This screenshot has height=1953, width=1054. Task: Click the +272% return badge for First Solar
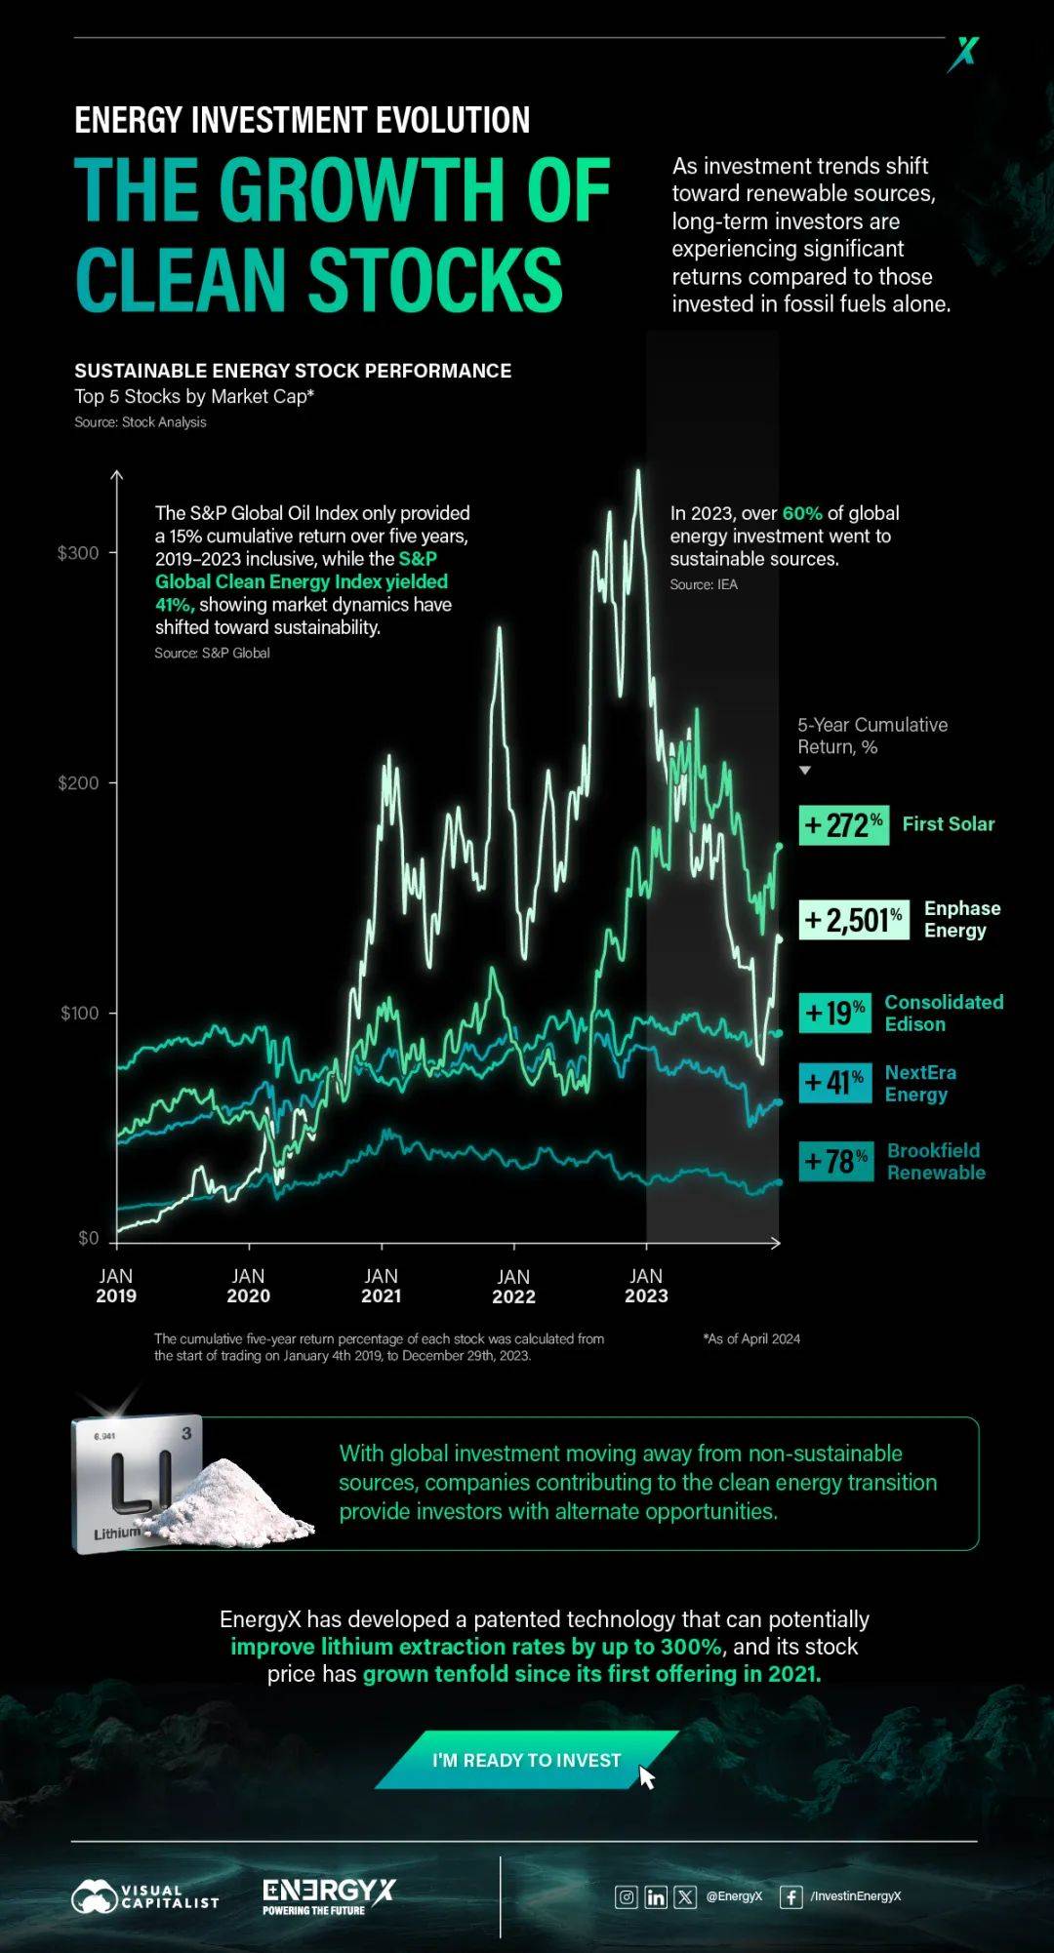point(843,825)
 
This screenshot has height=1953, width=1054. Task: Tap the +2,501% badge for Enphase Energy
point(853,919)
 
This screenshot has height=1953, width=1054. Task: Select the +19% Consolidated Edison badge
point(834,1014)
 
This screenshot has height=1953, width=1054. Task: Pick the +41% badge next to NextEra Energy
point(834,1082)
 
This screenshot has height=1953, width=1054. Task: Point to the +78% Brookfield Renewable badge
point(835,1161)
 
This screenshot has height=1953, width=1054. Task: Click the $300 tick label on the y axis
point(78,553)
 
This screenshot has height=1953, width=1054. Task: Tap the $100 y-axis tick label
point(80,1014)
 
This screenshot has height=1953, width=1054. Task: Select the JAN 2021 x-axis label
point(381,1286)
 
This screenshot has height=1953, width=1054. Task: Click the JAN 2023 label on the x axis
point(646,1286)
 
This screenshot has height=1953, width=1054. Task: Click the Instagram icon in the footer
point(626,1896)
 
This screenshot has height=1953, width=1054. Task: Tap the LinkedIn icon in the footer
point(656,1896)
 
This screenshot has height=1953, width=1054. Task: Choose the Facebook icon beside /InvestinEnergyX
point(791,1896)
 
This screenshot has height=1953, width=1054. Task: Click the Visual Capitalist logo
point(144,1896)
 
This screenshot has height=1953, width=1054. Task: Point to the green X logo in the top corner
point(963,54)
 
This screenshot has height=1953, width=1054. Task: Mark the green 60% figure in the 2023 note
point(802,513)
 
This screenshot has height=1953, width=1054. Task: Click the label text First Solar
point(948,824)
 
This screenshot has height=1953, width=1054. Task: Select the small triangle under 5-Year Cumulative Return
point(805,771)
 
